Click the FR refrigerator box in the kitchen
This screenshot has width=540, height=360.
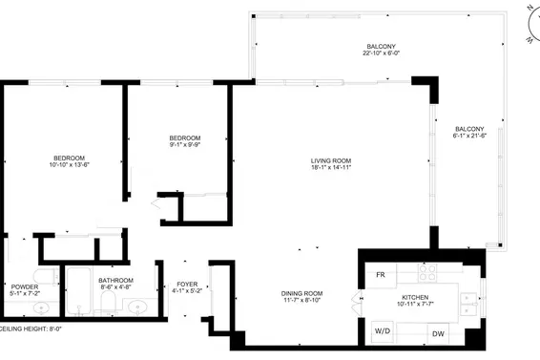click(381, 275)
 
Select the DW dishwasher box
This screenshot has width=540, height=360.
click(438, 333)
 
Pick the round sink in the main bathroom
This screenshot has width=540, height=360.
click(138, 307)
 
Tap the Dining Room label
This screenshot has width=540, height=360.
click(301, 293)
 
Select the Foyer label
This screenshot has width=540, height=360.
click(187, 285)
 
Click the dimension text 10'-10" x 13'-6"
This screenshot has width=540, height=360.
click(69, 165)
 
